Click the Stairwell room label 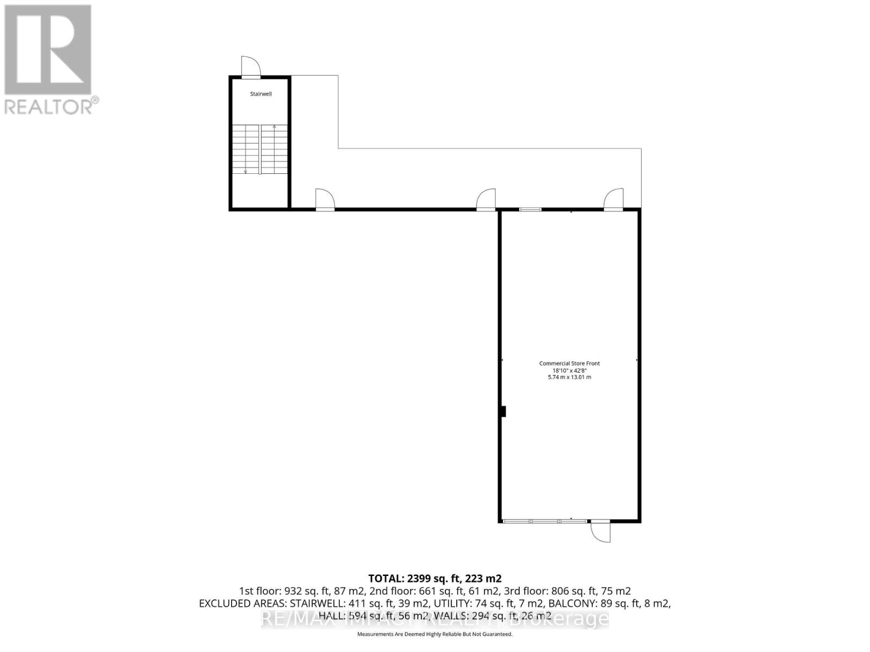(x=260, y=94)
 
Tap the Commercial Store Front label (x=569, y=363)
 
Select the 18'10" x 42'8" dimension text (x=569, y=370)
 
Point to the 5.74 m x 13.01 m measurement (x=569, y=377)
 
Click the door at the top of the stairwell (x=251, y=68)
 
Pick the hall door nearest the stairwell (x=325, y=199)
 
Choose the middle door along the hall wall (x=486, y=199)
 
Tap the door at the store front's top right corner (x=613, y=199)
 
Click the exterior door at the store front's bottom (x=600, y=530)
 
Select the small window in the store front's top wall (x=530, y=209)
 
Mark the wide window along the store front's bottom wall (x=544, y=521)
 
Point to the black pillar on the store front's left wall (x=503, y=412)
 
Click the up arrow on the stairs (x=275, y=127)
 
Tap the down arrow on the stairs (x=245, y=172)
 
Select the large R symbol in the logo (x=48, y=49)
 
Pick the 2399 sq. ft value (x=431, y=578)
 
